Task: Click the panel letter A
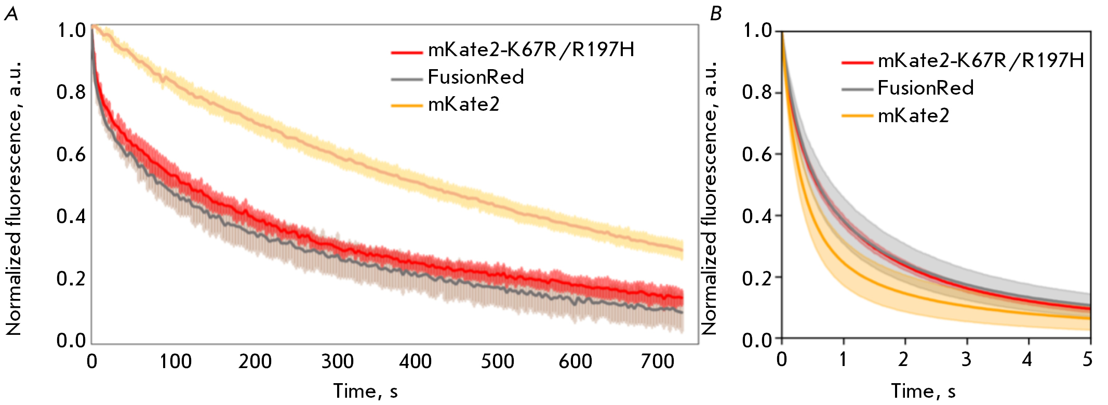click(x=11, y=14)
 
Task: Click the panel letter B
click(x=716, y=14)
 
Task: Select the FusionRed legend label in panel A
click(x=476, y=77)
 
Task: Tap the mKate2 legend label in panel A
click(x=463, y=104)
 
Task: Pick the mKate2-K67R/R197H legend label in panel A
click(x=531, y=50)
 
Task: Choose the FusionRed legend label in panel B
click(x=926, y=88)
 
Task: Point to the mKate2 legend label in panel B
click(x=913, y=115)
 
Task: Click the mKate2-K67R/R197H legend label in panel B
click(x=981, y=61)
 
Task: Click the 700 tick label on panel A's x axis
click(x=657, y=361)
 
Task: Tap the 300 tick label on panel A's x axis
click(x=337, y=361)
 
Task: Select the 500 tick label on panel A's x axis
click(x=497, y=361)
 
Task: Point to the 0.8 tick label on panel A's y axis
click(x=71, y=93)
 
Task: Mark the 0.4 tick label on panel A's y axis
click(x=71, y=216)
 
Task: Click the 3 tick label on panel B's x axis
click(x=966, y=359)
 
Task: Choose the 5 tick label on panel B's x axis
click(x=1088, y=359)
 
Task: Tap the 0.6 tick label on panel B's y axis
click(x=757, y=154)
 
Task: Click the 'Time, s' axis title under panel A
click(x=366, y=391)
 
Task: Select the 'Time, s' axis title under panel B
click(x=924, y=391)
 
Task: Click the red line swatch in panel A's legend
click(x=407, y=52)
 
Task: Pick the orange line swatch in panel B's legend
click(x=857, y=116)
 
